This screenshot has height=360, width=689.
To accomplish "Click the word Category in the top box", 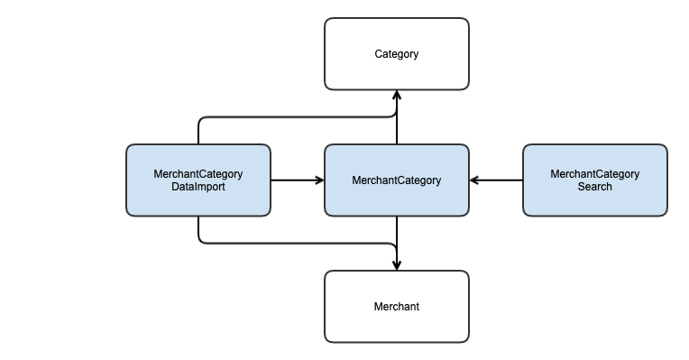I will (396, 54).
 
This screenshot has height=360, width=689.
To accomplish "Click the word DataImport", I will (198, 187).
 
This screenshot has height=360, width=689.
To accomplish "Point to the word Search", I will (594, 187).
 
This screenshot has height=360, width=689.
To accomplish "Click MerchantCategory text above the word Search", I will (594, 174).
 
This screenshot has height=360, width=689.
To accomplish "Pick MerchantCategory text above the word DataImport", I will (198, 174).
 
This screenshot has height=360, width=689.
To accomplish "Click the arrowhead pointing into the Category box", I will (396, 95).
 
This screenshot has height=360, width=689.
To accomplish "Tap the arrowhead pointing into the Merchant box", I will (396, 265).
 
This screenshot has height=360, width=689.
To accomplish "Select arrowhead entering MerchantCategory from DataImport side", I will (319, 180).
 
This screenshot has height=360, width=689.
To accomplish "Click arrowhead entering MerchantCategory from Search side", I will (474, 180).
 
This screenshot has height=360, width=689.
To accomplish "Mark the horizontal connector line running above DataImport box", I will (298, 116).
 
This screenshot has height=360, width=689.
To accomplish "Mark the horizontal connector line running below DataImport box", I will (298, 243).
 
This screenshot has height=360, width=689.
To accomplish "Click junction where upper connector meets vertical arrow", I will (396, 116).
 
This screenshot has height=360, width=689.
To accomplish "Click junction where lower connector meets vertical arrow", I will (396, 243).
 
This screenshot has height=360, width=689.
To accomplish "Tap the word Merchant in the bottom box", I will (396, 307).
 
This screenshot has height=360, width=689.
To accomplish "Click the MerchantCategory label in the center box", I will (396, 180).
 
